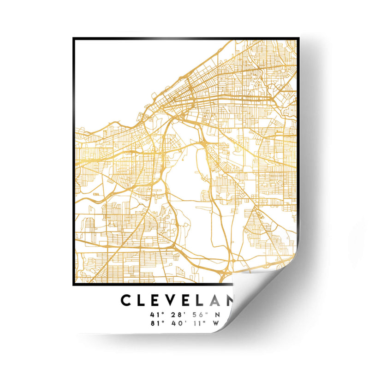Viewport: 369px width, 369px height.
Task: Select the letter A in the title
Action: (214, 300)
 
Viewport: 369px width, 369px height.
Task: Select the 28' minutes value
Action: (178, 315)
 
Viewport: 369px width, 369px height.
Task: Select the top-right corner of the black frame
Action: (295, 39)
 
